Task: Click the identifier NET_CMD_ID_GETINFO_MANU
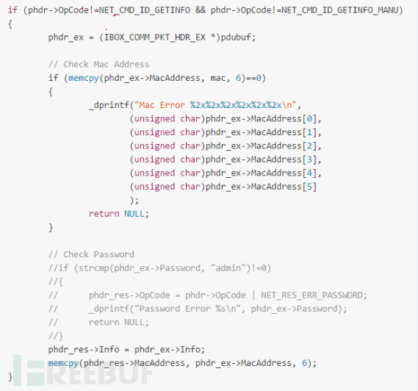point(340,10)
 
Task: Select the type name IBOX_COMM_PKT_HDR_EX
point(154,37)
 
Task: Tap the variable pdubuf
point(236,37)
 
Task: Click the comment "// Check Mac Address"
point(98,64)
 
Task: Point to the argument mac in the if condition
point(217,78)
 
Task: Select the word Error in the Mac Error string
point(172,105)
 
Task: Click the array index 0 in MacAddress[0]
point(309,118)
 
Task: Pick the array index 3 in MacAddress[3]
point(309,159)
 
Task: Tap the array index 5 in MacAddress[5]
point(309,187)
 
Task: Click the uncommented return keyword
point(104,214)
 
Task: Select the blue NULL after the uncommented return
point(134,214)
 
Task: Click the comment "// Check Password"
point(91,254)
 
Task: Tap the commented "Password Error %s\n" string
point(187,309)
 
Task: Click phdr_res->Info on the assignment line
point(84,349)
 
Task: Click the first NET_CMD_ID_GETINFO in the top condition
point(145,10)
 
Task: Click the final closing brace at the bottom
point(10,377)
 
